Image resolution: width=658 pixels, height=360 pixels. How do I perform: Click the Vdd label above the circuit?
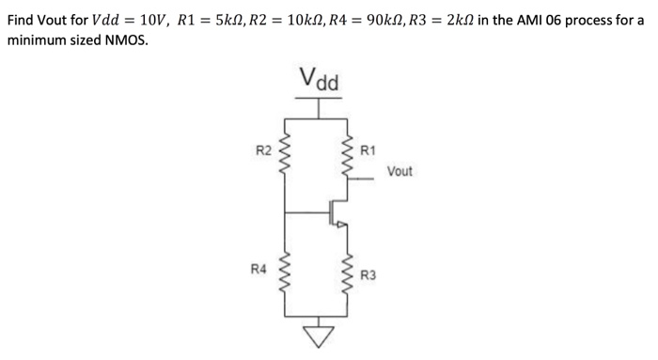pyautogui.click(x=320, y=81)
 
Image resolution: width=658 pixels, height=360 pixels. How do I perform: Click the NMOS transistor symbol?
pyautogui.click(x=339, y=214)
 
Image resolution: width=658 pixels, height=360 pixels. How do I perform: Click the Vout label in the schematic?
pyautogui.click(x=399, y=172)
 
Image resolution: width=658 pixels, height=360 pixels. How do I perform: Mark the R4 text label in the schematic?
pyautogui.click(x=258, y=270)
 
